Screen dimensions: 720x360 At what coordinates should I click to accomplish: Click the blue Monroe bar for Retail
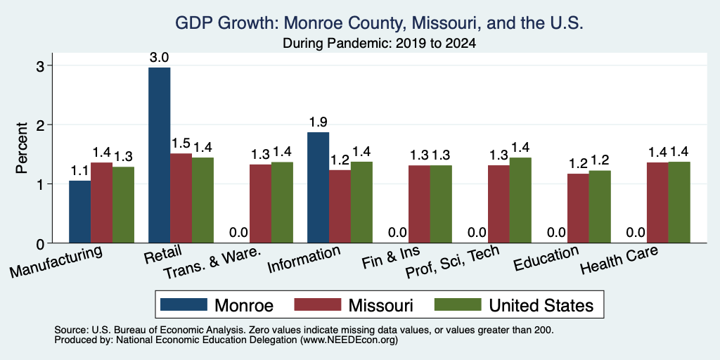[160, 155]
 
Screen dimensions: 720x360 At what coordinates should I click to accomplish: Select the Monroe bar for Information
[319, 187]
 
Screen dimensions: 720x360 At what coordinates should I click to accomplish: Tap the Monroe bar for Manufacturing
[80, 212]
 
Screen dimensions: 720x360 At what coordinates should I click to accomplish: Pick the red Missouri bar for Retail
[181, 198]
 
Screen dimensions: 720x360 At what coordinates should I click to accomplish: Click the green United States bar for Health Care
[679, 202]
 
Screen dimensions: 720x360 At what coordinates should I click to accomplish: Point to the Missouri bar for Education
[578, 208]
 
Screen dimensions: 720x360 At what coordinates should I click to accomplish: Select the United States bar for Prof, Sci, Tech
[520, 200]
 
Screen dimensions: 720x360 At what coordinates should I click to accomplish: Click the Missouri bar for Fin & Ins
[419, 204]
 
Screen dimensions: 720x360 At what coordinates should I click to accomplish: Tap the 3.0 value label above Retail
[160, 58]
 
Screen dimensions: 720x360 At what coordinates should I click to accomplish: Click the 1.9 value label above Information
[319, 122]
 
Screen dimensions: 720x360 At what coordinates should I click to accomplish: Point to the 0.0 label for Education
[557, 233]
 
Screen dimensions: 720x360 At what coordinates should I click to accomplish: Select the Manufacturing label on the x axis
[56, 262]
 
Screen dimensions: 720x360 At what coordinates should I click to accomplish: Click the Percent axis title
[22, 148]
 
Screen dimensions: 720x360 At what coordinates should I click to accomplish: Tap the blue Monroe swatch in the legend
[183, 304]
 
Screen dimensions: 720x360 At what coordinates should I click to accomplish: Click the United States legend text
[541, 305]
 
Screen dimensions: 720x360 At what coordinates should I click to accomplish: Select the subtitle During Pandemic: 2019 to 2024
[379, 44]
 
